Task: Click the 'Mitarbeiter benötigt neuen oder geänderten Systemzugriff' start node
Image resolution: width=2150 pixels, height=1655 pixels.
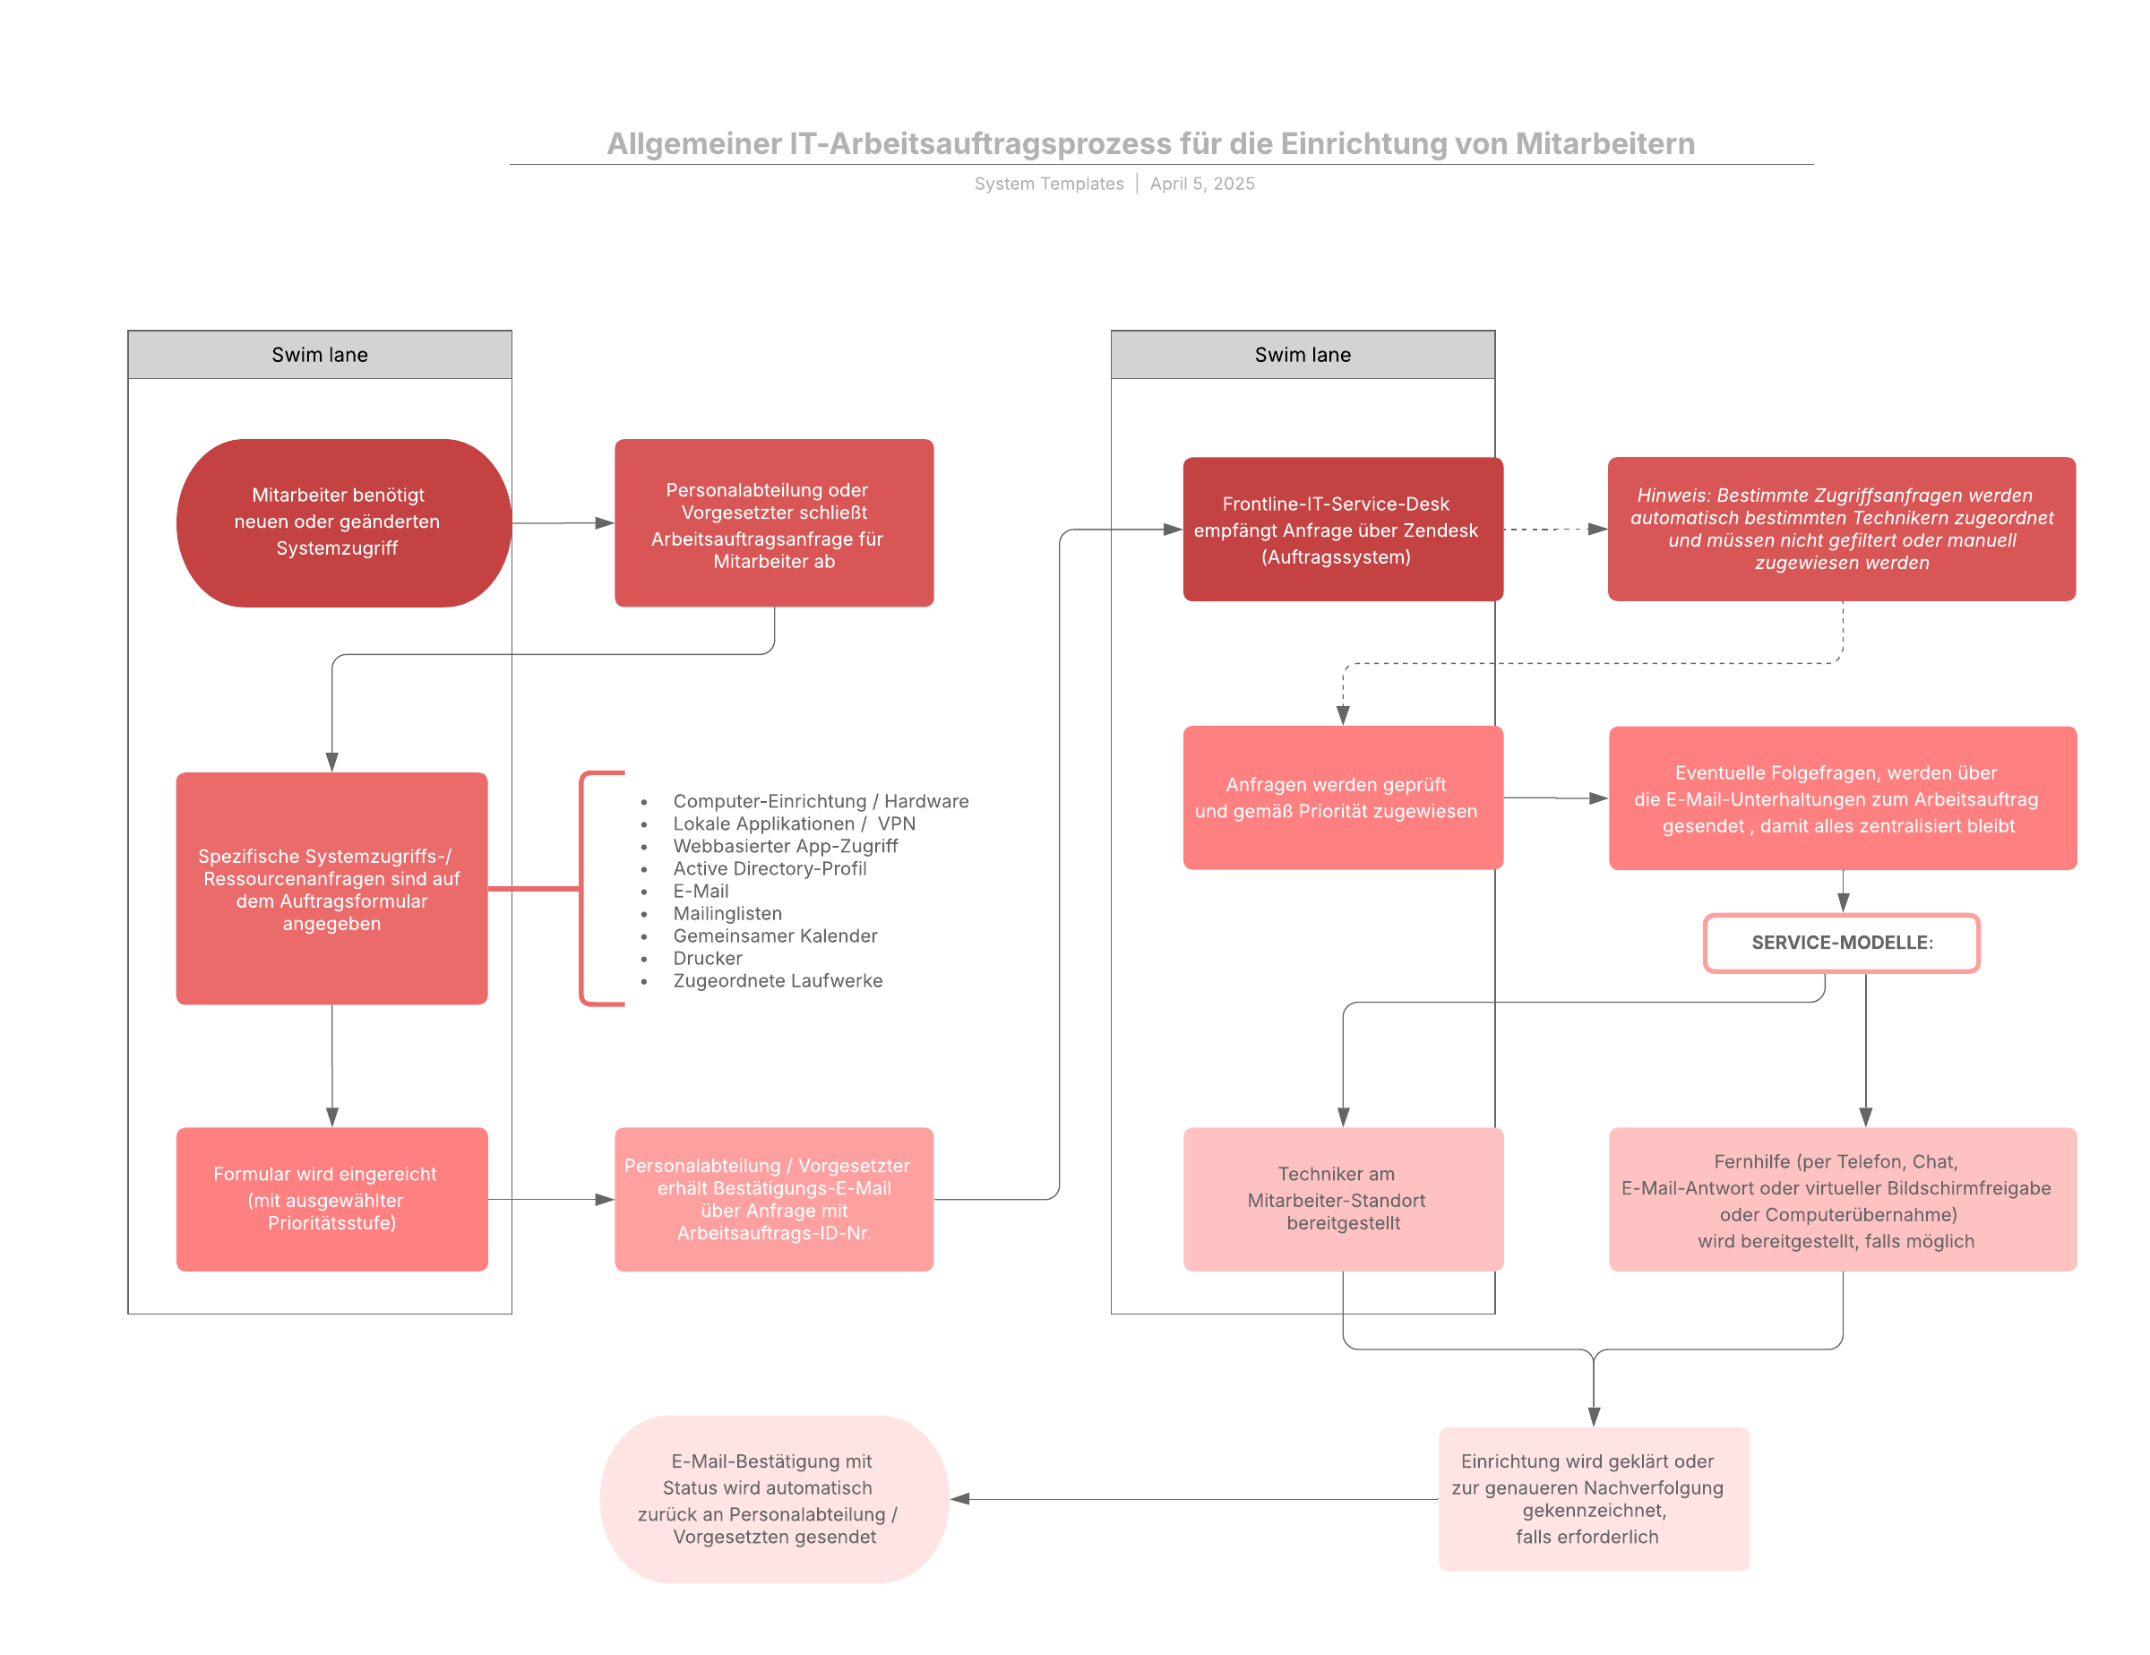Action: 344,522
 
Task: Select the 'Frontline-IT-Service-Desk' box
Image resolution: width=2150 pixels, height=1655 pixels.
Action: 1343,530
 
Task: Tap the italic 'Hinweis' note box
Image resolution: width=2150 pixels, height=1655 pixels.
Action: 1842,529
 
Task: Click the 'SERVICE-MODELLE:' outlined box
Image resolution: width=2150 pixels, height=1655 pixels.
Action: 1842,944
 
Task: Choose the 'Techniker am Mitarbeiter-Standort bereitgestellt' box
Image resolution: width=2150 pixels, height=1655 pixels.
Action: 1343,1199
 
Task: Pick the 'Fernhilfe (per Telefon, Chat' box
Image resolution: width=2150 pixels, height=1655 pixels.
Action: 1843,1199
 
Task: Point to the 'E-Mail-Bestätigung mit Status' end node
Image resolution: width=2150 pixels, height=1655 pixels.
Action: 775,1498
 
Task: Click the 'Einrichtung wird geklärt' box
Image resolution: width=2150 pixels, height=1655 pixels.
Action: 1594,1498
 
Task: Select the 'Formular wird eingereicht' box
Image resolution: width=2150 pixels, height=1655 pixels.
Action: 331,1199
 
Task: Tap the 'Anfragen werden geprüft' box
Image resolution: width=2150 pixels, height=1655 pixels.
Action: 1343,797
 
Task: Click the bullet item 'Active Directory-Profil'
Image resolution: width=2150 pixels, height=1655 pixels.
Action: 770,868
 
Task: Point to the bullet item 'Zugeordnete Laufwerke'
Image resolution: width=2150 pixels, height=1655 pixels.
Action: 778,980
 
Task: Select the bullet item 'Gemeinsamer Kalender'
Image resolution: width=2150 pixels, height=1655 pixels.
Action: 775,935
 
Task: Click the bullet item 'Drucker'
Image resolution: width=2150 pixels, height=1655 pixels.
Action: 708,958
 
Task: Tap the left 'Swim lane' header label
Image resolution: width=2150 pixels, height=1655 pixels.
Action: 320,355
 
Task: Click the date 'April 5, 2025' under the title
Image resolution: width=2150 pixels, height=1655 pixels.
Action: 1202,184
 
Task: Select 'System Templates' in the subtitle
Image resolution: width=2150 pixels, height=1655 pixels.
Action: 1048,184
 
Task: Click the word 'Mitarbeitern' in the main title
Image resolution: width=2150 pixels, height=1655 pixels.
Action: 1604,143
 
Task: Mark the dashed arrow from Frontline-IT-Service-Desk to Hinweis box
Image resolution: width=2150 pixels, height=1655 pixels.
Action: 1555,530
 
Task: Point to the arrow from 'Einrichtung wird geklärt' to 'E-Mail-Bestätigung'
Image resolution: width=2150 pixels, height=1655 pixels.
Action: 1194,1498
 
